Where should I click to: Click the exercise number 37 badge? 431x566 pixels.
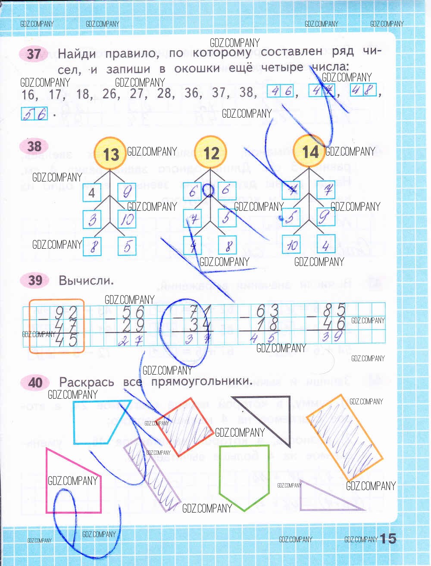pos(34,54)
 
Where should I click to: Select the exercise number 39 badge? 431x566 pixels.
pos(35,280)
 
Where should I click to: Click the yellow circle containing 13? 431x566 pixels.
pos(110,153)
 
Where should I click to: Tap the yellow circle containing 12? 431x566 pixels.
pos(210,153)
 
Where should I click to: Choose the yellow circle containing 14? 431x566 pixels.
pos(309,151)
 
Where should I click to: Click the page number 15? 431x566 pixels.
pos(388,538)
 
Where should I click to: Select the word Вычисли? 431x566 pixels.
pos(86,281)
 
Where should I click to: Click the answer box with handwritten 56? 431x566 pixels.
pos(34,114)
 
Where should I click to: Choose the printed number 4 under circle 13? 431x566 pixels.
pos(92,192)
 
